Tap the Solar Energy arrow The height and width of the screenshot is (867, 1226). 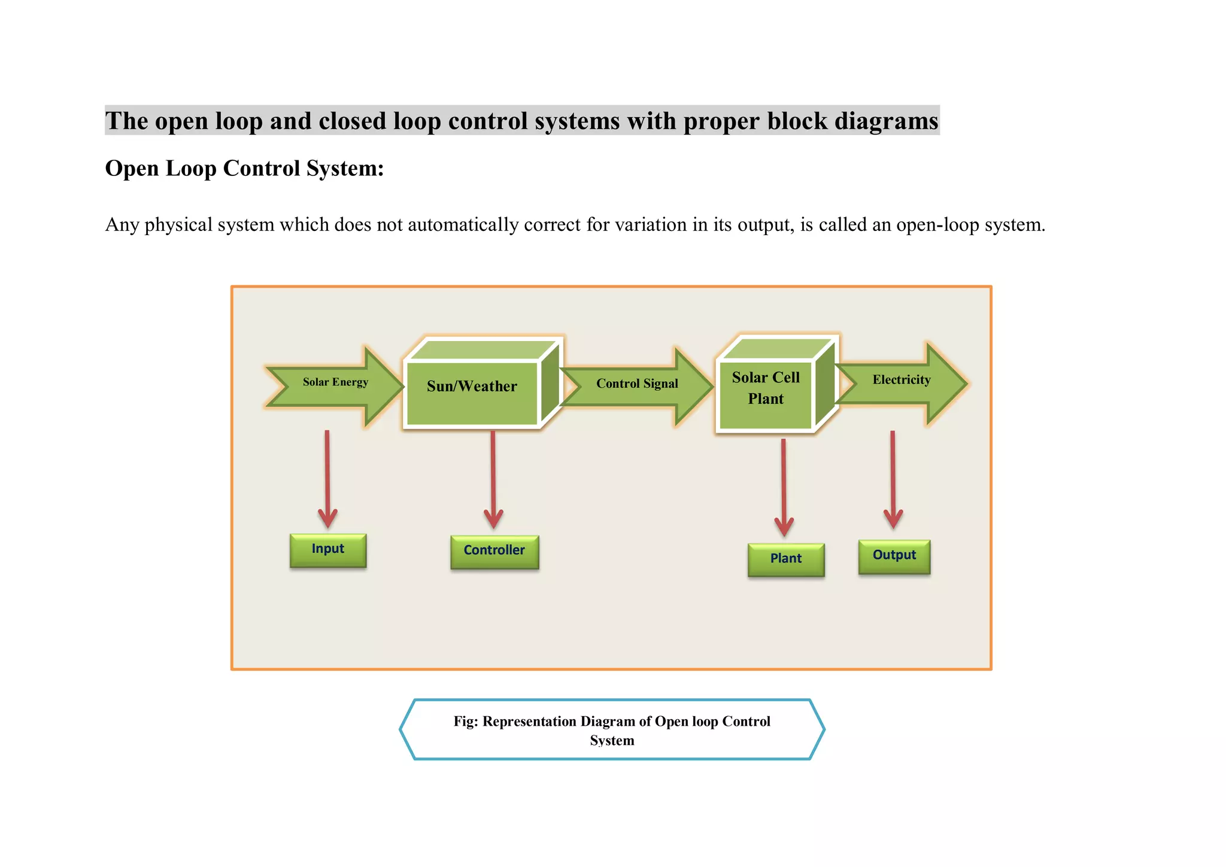(x=335, y=383)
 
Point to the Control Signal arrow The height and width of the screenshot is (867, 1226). (x=637, y=384)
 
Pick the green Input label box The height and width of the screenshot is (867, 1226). (x=328, y=550)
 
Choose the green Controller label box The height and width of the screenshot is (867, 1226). (x=494, y=551)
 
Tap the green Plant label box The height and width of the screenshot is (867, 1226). (x=786, y=559)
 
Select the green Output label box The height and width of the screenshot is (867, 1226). (x=894, y=556)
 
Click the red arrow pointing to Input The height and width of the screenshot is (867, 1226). (x=327, y=479)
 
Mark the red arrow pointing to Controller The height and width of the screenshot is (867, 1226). (x=493, y=479)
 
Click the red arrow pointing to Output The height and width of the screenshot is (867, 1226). (x=893, y=479)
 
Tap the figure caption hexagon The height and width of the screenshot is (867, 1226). (x=612, y=730)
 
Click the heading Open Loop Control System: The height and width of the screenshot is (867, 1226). (x=244, y=169)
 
